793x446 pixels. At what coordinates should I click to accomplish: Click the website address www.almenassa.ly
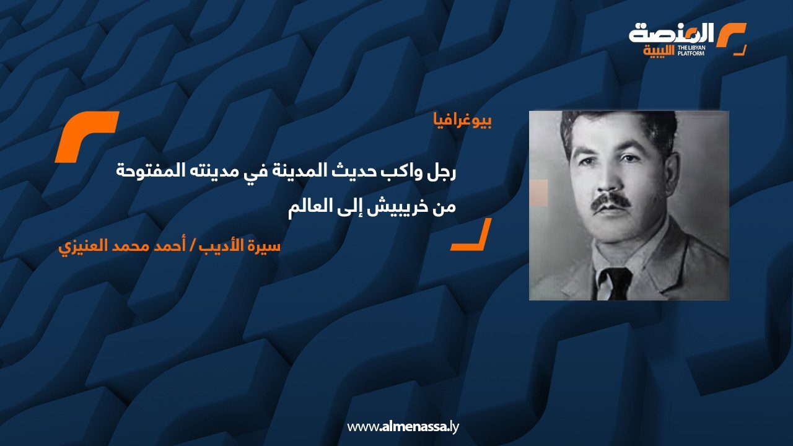pyautogui.click(x=403, y=427)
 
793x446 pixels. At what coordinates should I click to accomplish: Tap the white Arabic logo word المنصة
pyautogui.click(x=672, y=33)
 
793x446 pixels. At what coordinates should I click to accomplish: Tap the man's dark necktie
pyautogui.click(x=615, y=282)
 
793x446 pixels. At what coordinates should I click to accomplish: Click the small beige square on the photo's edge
pyautogui.click(x=538, y=193)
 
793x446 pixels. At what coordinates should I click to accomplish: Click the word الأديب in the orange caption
pyautogui.click(x=227, y=246)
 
